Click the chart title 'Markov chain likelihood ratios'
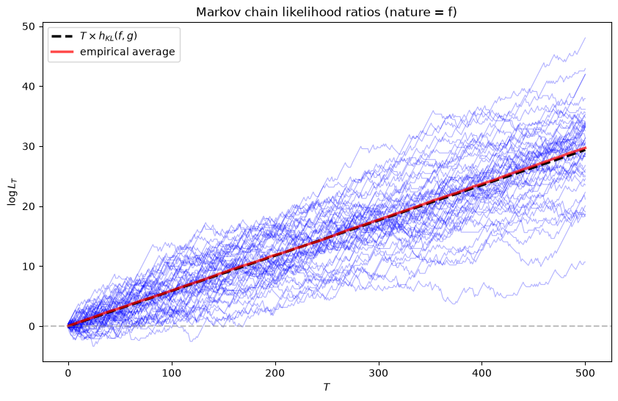point(288,12)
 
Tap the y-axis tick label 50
point(32,26)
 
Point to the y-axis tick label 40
point(32,87)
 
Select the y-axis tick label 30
point(32,146)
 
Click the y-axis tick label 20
point(32,206)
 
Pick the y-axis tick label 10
point(32,266)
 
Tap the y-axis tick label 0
point(34,327)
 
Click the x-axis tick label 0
point(68,373)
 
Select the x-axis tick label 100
point(172,373)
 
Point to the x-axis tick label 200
point(275,373)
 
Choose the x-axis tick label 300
point(379,373)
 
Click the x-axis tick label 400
point(482,373)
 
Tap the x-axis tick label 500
point(586,373)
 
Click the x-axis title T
point(327,387)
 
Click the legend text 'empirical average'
point(127,51)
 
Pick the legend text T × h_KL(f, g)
point(109,36)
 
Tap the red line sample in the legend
point(62,51)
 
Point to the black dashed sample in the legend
point(62,36)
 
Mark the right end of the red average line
point(586,148)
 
